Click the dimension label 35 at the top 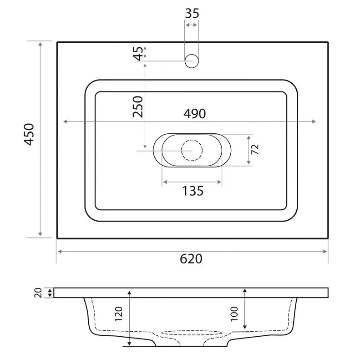click(192, 13)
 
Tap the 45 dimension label click(139, 53)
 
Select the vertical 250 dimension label click(138, 106)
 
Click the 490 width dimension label click(195, 114)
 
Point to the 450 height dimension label click(29, 134)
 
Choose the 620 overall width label click(191, 258)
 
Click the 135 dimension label click(193, 191)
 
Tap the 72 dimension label click(255, 149)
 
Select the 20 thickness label click(38, 293)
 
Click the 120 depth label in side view click(119, 314)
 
